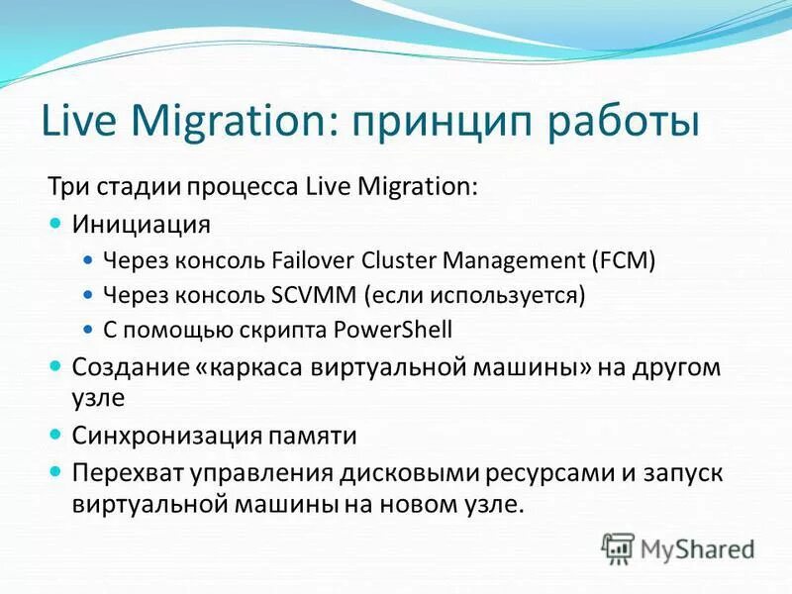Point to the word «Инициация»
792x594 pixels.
point(141,224)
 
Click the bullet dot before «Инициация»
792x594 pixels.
point(56,224)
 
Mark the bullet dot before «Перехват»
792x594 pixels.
point(56,472)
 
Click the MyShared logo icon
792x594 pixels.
point(618,546)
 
